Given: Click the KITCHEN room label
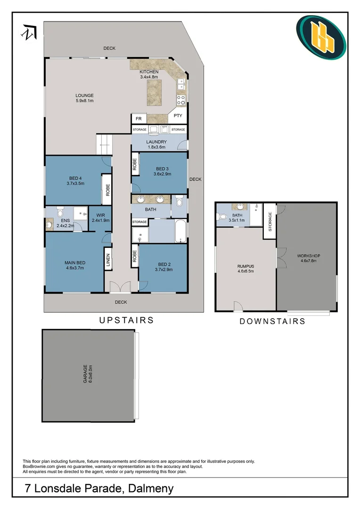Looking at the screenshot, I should [149, 72].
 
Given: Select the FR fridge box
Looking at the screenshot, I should [139, 118].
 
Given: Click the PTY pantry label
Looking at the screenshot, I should [178, 115].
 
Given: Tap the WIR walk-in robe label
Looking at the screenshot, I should [100, 217].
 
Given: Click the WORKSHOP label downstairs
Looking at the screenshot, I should [307, 257].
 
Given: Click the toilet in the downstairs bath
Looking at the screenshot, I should [222, 217].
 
